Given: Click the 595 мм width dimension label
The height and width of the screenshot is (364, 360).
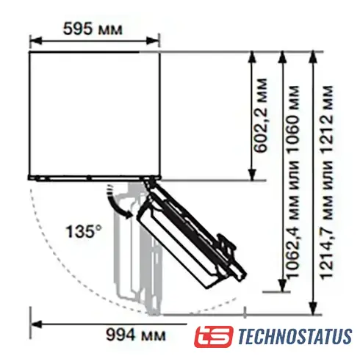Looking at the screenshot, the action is click(x=93, y=29).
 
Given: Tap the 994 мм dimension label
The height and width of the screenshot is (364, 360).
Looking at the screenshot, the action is click(x=136, y=335).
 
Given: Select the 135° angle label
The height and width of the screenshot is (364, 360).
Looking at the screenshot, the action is click(x=84, y=231).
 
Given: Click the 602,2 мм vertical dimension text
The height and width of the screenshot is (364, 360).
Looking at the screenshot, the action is click(x=260, y=115).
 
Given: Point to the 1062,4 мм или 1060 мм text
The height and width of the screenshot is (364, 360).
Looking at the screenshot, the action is click(x=293, y=181).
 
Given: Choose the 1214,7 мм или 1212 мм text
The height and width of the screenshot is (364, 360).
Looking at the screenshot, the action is click(x=327, y=182).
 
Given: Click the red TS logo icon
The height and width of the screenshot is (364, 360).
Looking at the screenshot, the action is click(x=214, y=336).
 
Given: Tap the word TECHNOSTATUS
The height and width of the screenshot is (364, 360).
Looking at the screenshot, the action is click(x=295, y=337).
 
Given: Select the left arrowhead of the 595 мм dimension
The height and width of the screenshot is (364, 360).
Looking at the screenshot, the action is click(x=36, y=40).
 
